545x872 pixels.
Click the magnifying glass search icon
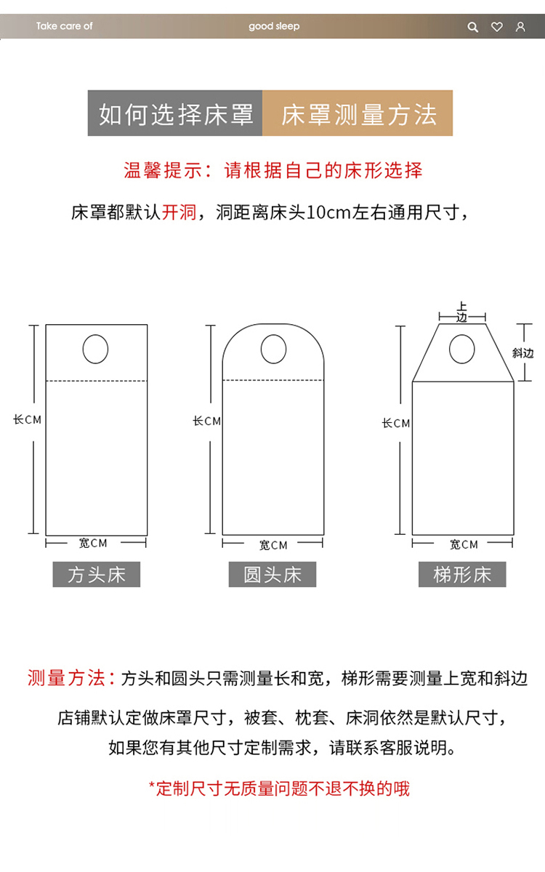(x=472, y=27)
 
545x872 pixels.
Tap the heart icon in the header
(x=497, y=27)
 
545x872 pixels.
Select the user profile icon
(x=520, y=27)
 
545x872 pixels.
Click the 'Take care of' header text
(x=64, y=26)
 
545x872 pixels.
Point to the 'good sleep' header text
(x=274, y=26)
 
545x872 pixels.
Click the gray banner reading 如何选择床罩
(x=175, y=113)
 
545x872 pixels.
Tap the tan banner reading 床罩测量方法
(x=358, y=113)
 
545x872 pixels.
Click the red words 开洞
(x=179, y=212)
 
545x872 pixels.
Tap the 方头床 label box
(x=97, y=574)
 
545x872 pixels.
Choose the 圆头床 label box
(x=272, y=574)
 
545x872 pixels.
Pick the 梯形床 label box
(x=462, y=574)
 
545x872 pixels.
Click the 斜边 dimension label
(x=522, y=353)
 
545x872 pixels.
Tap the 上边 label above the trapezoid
(x=461, y=312)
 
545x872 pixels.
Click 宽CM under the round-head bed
(x=273, y=545)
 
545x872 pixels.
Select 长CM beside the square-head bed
(x=28, y=420)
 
